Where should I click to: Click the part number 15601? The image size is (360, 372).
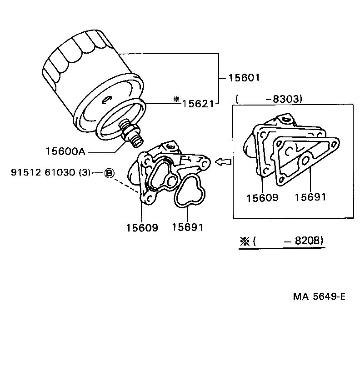[244, 78]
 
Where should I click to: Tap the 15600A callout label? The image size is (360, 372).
[66, 151]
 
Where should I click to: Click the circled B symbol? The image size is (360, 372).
[109, 173]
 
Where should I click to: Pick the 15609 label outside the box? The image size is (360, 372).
[142, 228]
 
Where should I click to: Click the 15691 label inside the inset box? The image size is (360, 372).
[310, 197]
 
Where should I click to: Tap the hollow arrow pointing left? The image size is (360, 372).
[223, 161]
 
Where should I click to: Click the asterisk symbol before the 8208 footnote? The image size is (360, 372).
[245, 241]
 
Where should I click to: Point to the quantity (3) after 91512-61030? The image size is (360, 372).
[85, 172]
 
